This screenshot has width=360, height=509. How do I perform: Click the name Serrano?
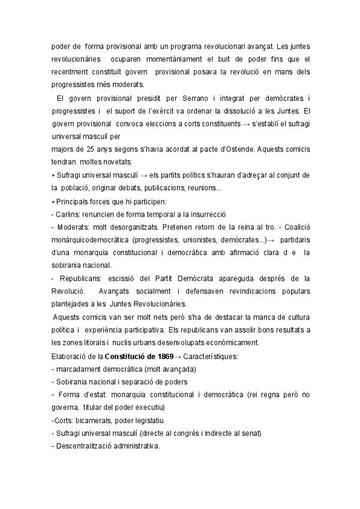(x=160, y=98)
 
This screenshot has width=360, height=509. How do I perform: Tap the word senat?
(x=250, y=433)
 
